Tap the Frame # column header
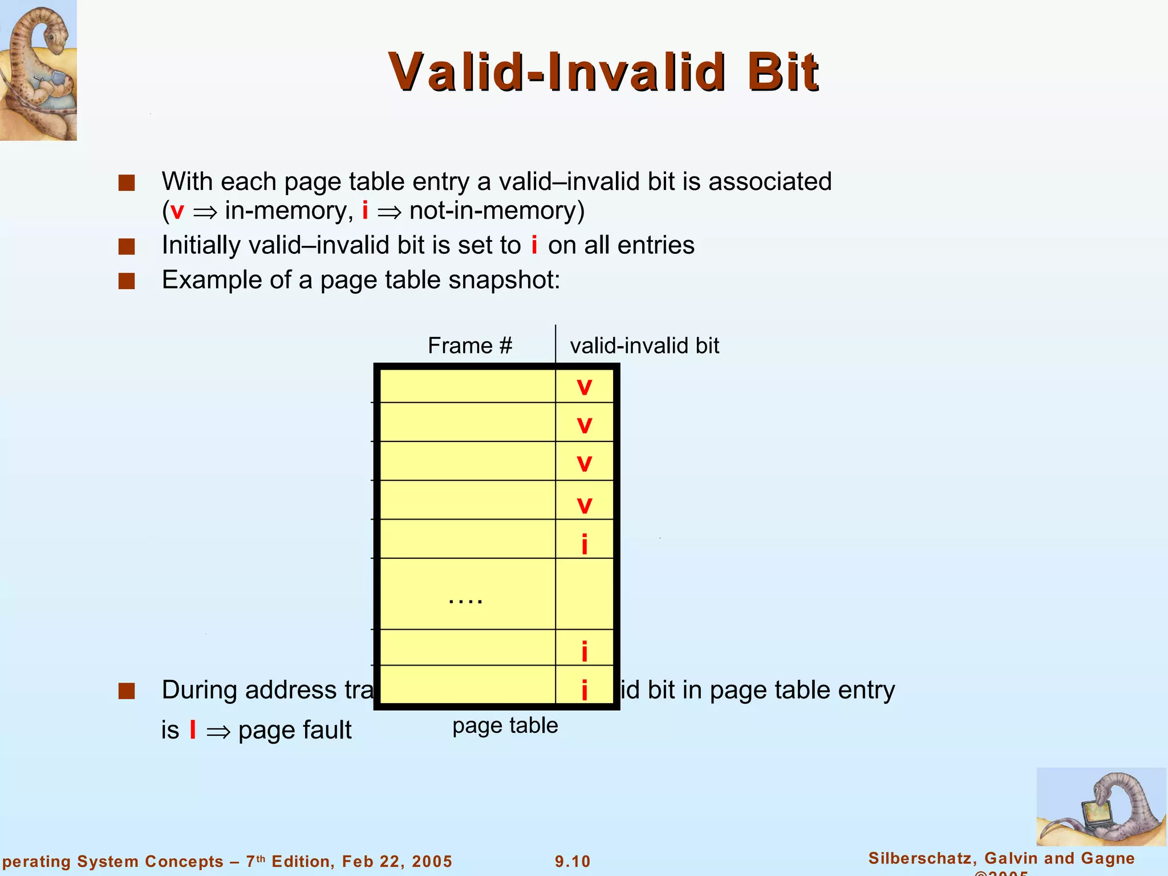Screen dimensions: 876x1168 pos(470,346)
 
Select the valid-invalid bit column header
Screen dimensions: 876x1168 pos(644,346)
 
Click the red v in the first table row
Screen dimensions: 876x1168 pos(584,387)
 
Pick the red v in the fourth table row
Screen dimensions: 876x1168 pos(584,505)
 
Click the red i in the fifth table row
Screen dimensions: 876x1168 pos(584,544)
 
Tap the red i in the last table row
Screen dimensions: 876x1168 pos(584,691)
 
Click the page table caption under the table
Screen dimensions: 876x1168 pos(505,725)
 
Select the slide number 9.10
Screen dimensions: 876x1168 pos(573,861)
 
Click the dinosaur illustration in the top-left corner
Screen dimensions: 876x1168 pos(38,70)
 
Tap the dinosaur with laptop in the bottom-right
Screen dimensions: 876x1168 pos(1101,807)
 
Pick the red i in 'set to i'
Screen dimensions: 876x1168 pos(534,245)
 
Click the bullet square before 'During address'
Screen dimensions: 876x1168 pos(127,691)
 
